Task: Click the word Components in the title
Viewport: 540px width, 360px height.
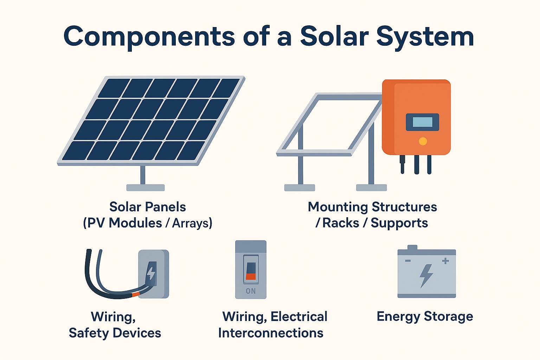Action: [149, 37]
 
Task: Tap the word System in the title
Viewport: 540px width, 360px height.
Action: [425, 37]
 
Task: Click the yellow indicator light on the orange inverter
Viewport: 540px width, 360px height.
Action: [423, 141]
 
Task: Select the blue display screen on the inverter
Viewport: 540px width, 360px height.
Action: [423, 122]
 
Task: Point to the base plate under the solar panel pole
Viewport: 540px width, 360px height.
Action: [145, 188]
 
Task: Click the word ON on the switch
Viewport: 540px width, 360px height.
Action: [251, 291]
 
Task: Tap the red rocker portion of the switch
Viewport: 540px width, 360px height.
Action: [251, 277]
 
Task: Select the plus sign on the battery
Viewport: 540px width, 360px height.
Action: [445, 261]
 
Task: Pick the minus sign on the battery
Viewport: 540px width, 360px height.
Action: [408, 261]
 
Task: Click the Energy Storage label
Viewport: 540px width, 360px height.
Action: [425, 316]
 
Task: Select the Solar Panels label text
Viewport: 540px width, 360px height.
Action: [147, 207]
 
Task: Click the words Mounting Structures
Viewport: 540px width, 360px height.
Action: [372, 207]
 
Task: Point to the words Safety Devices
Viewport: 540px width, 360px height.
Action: [115, 333]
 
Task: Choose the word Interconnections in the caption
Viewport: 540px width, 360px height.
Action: [270, 333]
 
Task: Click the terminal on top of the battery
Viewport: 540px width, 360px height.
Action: [412, 247]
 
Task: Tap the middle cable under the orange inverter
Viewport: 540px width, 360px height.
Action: [417, 165]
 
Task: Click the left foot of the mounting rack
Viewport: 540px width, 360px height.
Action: [300, 188]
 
